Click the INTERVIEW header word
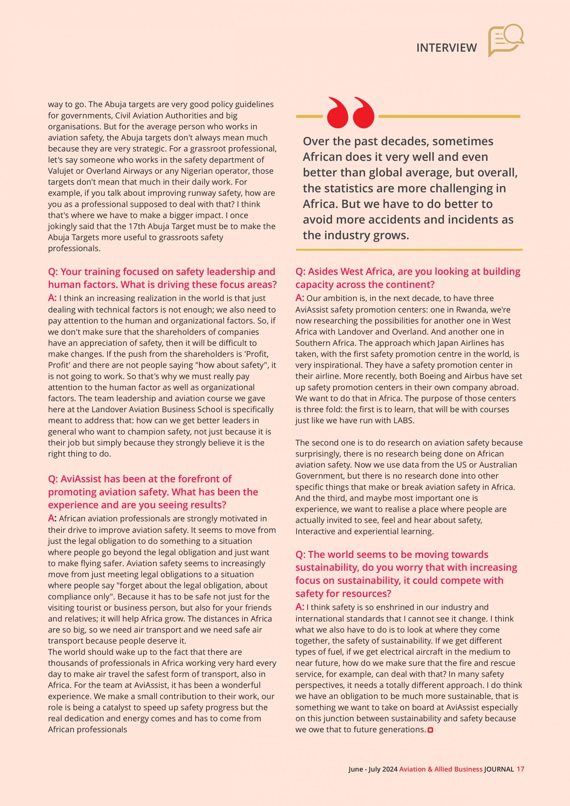[x=446, y=48]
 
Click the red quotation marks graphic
[x=350, y=112]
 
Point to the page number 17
[x=520, y=769]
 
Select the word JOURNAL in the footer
[x=499, y=769]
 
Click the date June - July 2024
[x=373, y=769]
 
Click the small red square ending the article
[x=431, y=730]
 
